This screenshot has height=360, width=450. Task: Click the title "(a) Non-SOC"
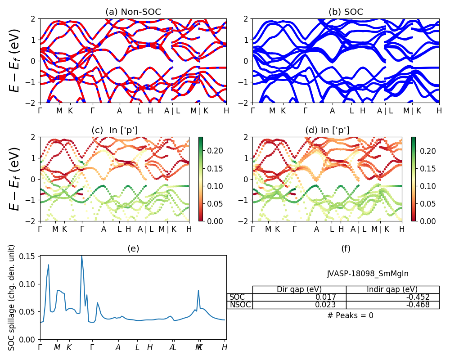133,12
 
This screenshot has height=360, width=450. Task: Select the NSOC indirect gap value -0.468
415,305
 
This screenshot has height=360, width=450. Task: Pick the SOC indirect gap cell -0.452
415,297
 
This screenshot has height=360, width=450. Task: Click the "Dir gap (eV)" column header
299,289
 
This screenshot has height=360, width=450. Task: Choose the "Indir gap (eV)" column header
392,289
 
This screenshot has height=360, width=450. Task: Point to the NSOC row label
240,305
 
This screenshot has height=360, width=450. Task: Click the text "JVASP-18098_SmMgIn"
368,274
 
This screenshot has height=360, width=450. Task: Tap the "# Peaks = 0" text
351,315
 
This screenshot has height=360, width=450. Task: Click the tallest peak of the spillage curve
81,256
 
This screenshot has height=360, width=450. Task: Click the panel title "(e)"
133,249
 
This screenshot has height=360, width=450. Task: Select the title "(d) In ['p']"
327,130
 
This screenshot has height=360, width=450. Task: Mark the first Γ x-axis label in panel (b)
253,111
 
